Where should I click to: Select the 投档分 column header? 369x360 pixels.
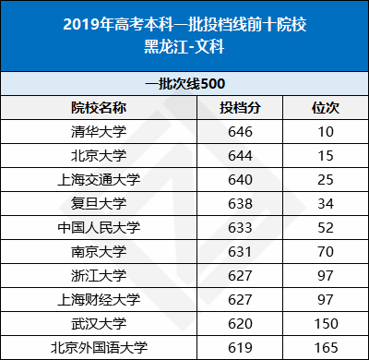point(240,107)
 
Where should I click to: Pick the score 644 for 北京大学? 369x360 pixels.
point(240,155)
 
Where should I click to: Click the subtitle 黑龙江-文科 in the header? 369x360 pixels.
point(184,45)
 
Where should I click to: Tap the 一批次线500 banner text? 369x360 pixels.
point(184,83)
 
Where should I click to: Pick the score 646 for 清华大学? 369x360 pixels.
point(240,131)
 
